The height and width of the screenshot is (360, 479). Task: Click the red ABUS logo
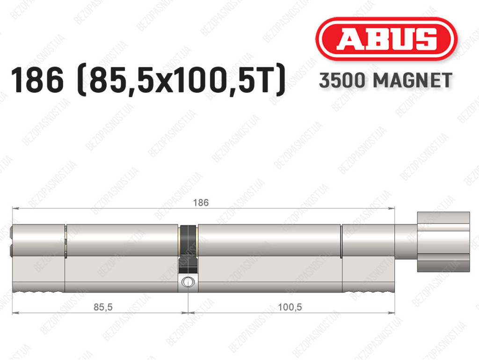click(x=386, y=39)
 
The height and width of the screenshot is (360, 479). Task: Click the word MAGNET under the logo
click(x=413, y=81)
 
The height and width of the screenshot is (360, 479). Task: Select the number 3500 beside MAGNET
click(x=342, y=81)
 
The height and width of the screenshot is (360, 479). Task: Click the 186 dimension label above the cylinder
click(x=201, y=203)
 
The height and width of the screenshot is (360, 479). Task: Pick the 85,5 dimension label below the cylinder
click(x=103, y=307)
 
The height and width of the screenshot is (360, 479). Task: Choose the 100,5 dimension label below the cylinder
click(x=290, y=307)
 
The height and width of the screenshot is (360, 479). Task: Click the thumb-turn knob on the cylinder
click(x=443, y=242)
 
